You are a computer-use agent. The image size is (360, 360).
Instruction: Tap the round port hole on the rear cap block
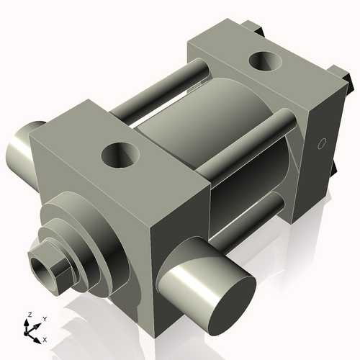(x=263, y=62)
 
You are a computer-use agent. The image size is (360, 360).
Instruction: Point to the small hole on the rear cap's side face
(x=322, y=142)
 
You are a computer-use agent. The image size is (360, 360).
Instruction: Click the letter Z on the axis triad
(x=28, y=315)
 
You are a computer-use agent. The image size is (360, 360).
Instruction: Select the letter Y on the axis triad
(x=44, y=318)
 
